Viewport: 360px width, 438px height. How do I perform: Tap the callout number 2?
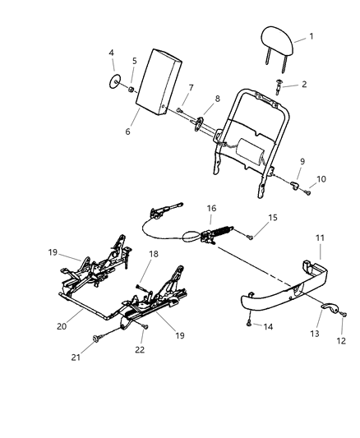point(304,84)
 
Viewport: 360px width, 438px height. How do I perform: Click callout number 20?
point(61,325)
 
